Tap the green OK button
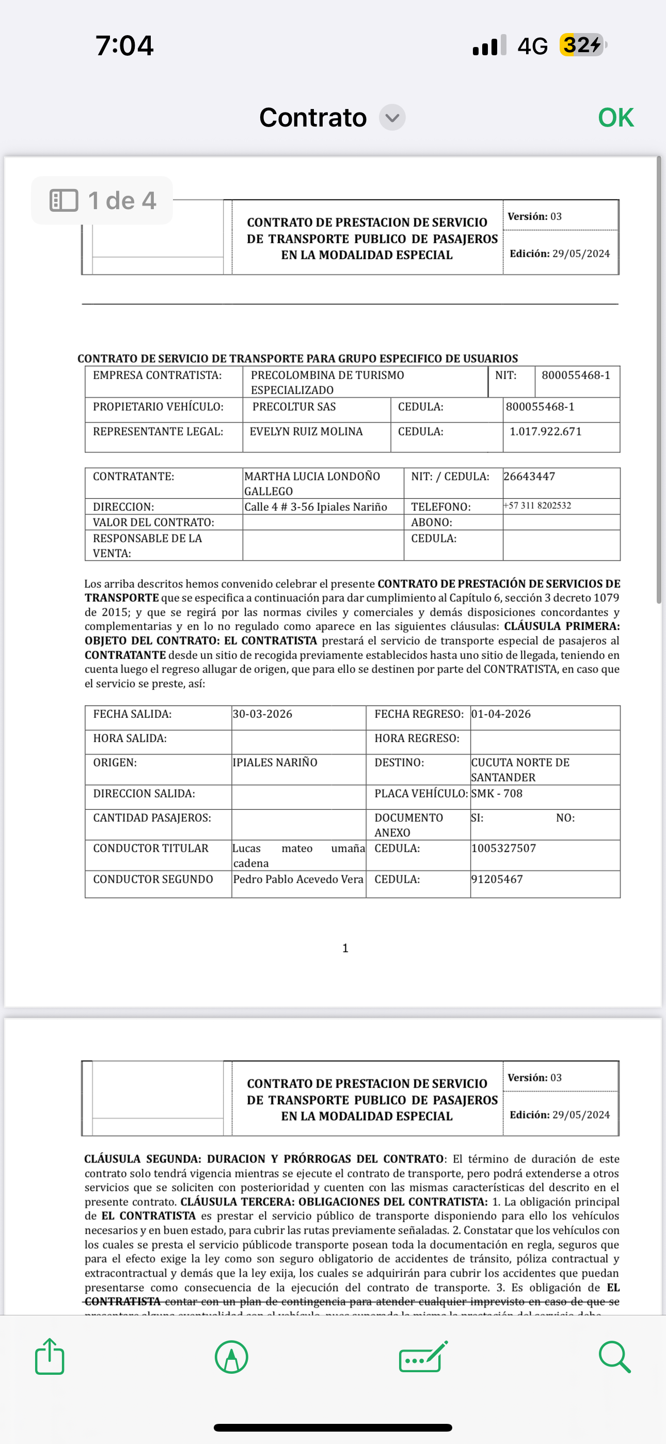click(615, 118)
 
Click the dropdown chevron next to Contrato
click(392, 118)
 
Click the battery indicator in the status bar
click(582, 45)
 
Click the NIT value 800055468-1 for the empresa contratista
click(576, 375)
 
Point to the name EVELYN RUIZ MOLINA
click(306, 432)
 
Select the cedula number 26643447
click(529, 477)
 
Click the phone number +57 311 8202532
click(537, 506)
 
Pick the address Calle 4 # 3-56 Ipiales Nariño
click(315, 507)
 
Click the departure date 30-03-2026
click(262, 714)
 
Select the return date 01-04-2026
click(501, 714)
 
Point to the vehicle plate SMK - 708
click(497, 794)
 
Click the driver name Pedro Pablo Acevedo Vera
click(298, 879)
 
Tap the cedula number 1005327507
click(503, 848)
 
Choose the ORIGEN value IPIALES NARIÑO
click(275, 762)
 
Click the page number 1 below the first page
click(345, 948)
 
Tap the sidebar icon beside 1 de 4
click(64, 200)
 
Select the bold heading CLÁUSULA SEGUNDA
click(142, 1159)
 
